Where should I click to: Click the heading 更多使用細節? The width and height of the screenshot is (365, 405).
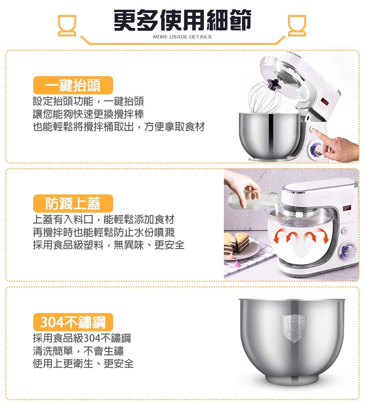point(182,20)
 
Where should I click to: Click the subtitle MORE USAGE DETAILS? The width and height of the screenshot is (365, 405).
point(182,37)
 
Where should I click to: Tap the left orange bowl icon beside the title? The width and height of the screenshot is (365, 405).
point(67,25)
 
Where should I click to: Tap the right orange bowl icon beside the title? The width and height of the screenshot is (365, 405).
point(297,25)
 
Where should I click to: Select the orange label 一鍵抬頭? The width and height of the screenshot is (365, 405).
point(73,85)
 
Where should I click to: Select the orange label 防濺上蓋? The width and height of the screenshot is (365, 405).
point(73,204)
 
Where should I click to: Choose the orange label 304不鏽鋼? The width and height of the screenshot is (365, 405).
point(73,322)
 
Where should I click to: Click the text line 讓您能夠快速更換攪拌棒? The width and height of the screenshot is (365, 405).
point(88,114)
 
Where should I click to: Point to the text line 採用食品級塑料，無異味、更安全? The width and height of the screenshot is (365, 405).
point(108,245)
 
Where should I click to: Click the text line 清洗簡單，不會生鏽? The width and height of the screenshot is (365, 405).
point(78,351)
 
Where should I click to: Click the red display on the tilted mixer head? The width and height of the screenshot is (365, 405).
point(325,101)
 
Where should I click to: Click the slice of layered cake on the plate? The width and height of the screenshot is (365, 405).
point(236,243)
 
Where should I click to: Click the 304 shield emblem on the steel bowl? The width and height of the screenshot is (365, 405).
point(294,328)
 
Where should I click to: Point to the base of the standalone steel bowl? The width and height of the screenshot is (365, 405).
point(292,380)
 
